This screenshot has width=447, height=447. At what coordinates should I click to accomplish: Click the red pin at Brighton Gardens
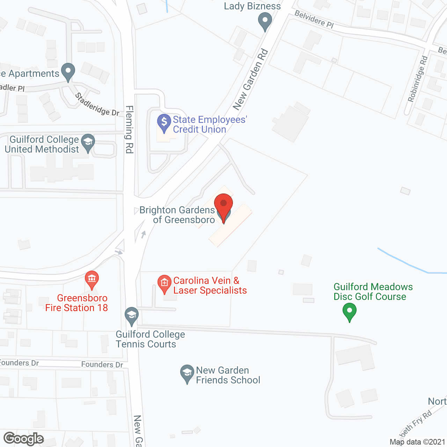tap(223, 204)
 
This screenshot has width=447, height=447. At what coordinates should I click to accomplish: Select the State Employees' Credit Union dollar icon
tap(164, 122)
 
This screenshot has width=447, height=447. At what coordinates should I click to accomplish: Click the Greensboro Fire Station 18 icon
tap(92, 279)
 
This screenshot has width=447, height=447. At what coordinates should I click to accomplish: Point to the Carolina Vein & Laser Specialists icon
tap(164, 283)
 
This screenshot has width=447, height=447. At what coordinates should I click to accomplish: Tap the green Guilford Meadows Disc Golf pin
tap(349, 311)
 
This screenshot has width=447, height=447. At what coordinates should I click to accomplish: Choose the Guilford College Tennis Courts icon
tap(132, 315)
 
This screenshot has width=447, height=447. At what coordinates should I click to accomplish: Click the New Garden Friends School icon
tap(187, 373)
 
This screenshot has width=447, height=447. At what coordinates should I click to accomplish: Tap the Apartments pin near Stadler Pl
tap(68, 71)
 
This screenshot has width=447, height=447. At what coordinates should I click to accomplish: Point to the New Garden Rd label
tap(250, 80)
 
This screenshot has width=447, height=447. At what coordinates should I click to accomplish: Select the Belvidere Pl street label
tap(314, 19)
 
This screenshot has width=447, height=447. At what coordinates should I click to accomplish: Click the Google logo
tap(23, 439)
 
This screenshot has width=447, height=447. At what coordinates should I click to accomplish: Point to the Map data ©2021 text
tap(417, 442)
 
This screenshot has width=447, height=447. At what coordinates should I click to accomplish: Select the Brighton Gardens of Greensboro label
tap(177, 215)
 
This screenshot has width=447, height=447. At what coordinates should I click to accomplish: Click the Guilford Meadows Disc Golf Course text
tap(373, 292)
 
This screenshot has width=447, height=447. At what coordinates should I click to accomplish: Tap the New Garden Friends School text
tap(228, 375)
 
